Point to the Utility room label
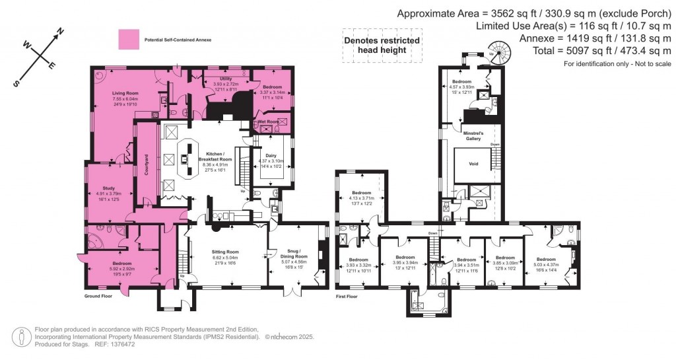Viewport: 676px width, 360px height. pyautogui.click(x=225, y=79)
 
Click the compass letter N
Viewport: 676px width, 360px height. pyautogui.click(x=59, y=32)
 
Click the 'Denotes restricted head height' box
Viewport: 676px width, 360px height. pyautogui.click(x=382, y=46)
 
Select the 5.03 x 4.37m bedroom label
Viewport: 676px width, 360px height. pyautogui.click(x=545, y=262)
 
